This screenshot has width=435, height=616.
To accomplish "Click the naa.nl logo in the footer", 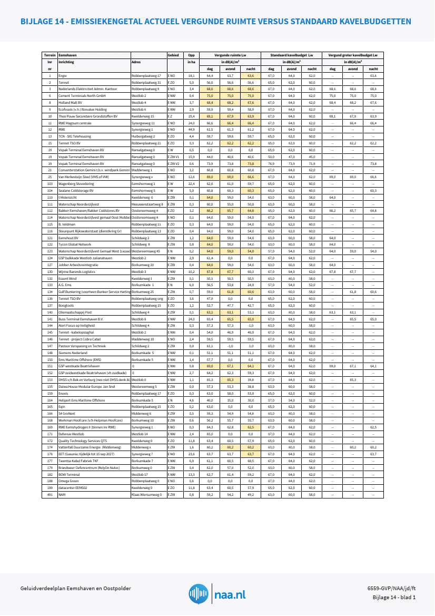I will [217, 594].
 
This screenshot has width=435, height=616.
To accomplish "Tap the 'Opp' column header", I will [192, 55].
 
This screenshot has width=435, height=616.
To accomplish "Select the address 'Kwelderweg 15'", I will [143, 116].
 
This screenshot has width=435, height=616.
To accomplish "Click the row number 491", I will [50, 495].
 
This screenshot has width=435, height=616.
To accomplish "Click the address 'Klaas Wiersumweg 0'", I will [146, 495].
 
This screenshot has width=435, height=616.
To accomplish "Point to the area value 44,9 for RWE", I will [192, 129].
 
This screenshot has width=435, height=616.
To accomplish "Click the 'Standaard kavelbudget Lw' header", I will [292, 55].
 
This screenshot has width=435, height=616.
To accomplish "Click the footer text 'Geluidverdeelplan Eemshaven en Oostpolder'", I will [75, 589].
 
